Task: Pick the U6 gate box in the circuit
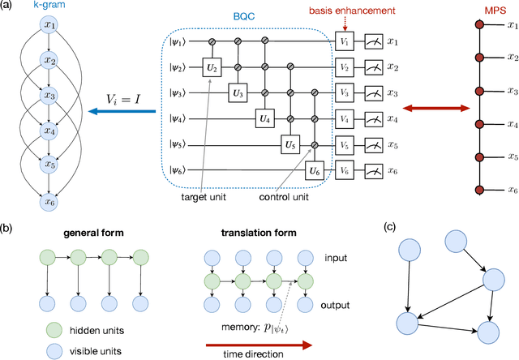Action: (x=315, y=171)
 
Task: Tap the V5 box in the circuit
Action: (x=345, y=146)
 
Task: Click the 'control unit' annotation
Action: (x=284, y=196)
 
